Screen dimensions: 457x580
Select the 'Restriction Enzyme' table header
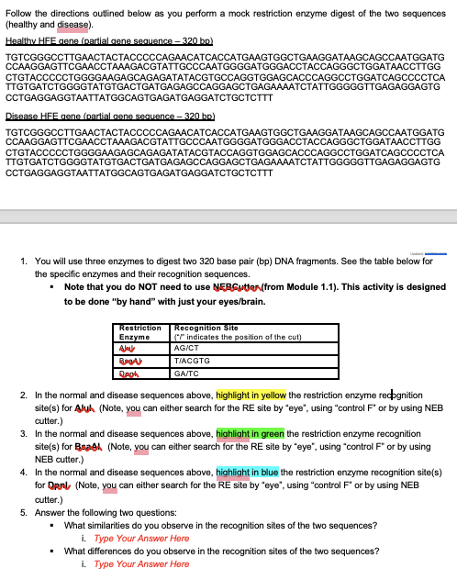(x=140, y=332)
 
